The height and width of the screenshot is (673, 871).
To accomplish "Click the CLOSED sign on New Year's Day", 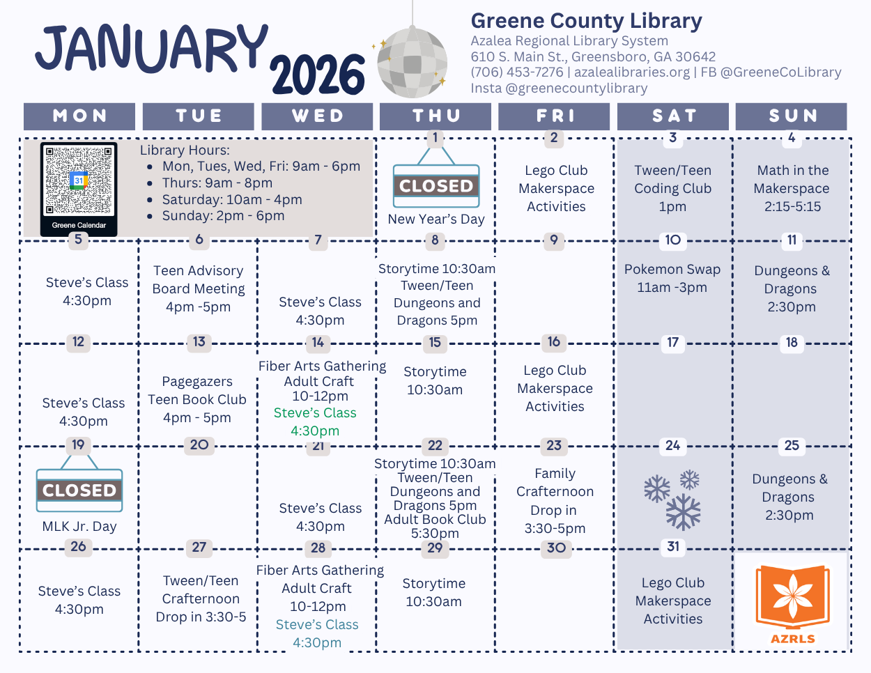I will [x=436, y=186].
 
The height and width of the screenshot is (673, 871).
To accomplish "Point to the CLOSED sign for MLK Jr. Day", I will [x=79, y=490].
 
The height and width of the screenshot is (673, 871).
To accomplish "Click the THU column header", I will [x=436, y=116].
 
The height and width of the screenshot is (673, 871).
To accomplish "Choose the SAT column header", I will [x=673, y=116].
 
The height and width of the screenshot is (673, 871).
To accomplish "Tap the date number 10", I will [x=672, y=240].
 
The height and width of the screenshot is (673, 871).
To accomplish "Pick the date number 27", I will [x=199, y=547].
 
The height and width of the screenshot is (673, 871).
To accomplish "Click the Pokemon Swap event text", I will [x=672, y=278].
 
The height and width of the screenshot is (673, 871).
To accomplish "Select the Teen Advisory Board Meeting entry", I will [x=199, y=288].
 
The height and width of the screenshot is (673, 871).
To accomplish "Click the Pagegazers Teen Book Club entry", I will [x=197, y=399].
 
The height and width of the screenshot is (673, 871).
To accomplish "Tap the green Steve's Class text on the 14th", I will [x=315, y=421].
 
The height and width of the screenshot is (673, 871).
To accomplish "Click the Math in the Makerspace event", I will [x=792, y=188].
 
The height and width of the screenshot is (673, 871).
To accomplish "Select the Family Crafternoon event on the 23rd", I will [x=555, y=500].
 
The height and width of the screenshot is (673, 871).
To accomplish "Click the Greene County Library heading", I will [x=586, y=21].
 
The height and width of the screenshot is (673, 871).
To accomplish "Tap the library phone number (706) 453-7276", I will [x=517, y=72].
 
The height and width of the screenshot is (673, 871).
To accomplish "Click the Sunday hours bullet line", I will [x=223, y=216].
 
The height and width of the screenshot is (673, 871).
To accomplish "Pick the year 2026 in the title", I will [x=318, y=75].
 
